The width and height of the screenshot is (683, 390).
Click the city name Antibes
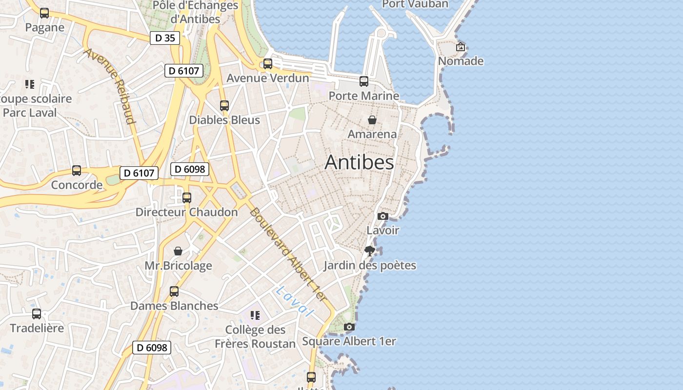[359, 162]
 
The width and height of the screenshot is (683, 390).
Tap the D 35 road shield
[165, 38]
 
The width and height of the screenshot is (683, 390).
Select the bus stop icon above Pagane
[44, 13]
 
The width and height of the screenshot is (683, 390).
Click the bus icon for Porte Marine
[364, 81]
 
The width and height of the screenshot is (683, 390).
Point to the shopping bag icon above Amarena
[372, 120]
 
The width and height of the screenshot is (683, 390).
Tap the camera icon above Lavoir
[383, 216]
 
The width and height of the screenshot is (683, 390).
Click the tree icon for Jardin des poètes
[370, 251]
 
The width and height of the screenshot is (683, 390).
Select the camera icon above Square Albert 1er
[349, 327]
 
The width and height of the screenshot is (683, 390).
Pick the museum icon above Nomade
[461, 47]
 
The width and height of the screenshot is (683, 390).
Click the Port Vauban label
[415, 4]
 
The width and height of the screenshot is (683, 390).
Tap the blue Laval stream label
[294, 301]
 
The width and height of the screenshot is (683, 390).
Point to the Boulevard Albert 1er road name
[287, 254]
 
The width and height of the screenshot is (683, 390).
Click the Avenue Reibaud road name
[110, 86]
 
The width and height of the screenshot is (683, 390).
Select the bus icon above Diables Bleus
[224, 106]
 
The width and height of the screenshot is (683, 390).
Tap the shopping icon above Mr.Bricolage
[178, 251]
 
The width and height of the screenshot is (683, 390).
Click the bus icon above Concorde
[77, 171]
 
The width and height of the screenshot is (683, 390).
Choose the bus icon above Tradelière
[37, 314]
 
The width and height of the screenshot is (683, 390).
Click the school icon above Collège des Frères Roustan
[255, 315]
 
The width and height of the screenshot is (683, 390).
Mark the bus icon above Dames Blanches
[174, 292]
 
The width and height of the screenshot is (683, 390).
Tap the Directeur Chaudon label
[186, 212]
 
